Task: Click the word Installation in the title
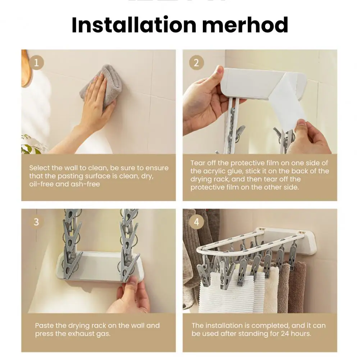134,25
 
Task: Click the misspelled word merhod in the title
245,25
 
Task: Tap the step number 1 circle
36,63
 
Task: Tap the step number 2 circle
196,63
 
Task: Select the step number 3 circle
36,222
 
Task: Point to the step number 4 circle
196,222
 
